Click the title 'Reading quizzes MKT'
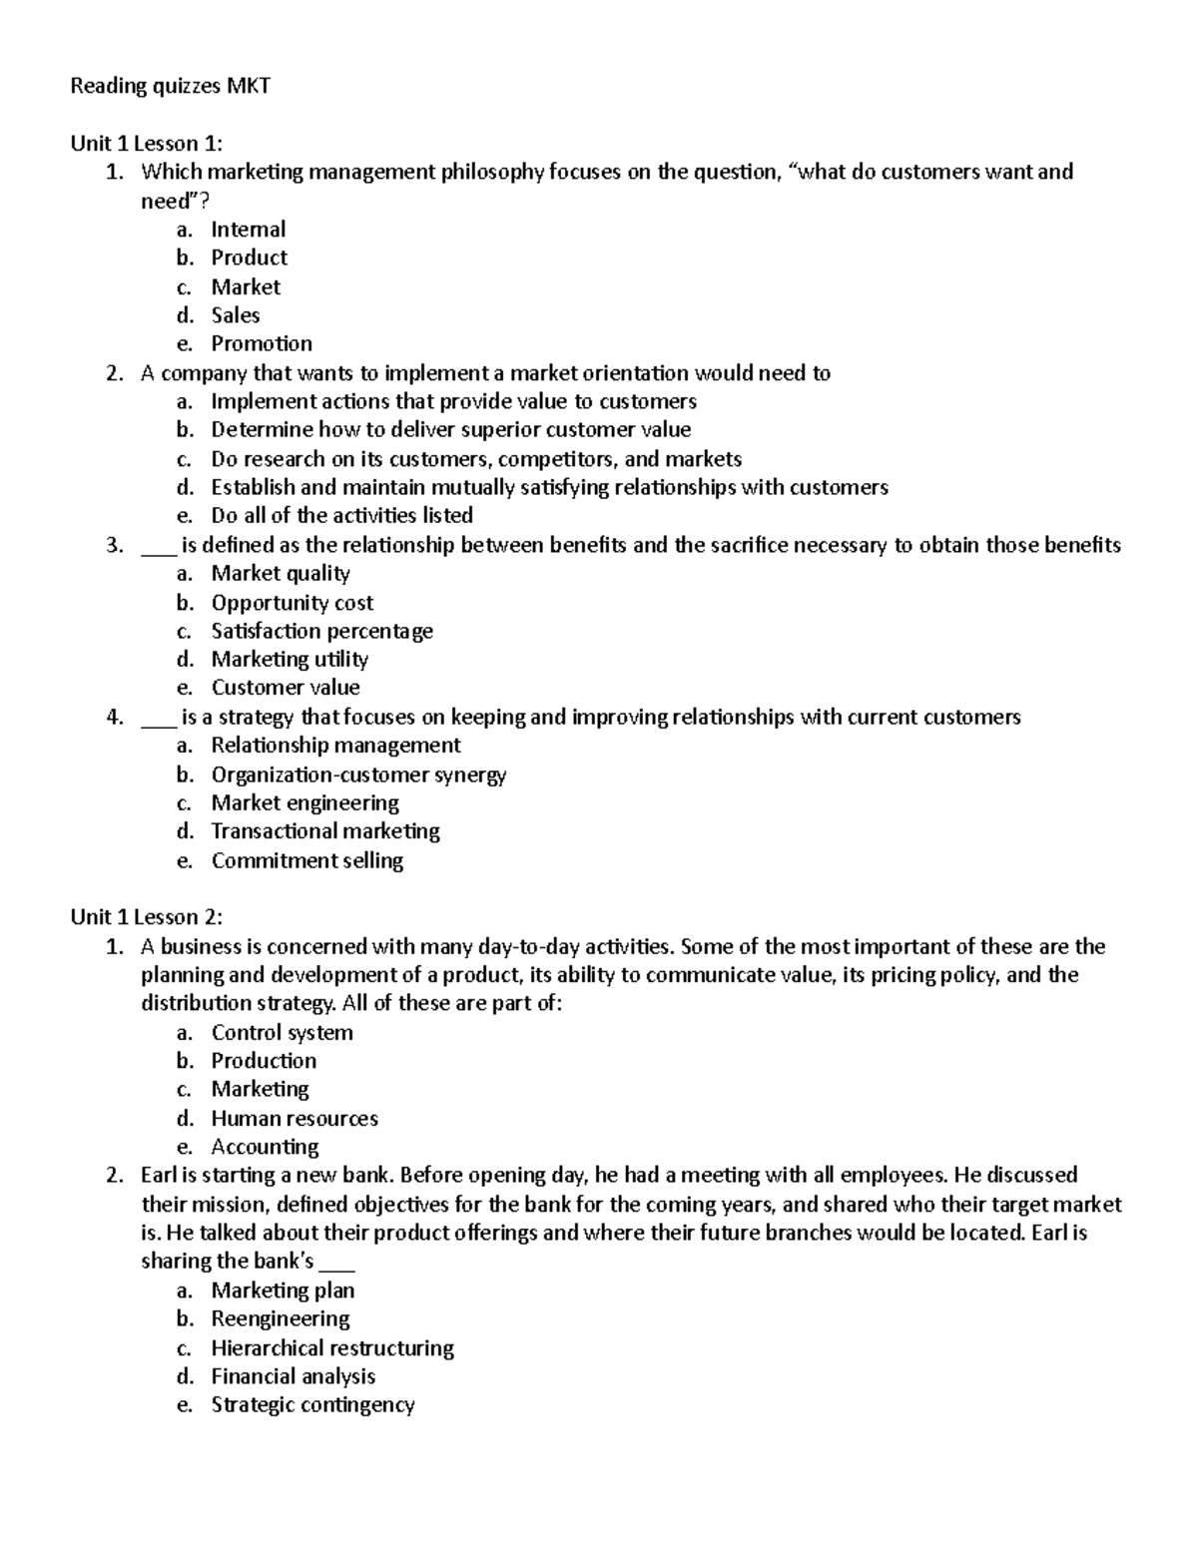170,86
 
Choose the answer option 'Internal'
248,230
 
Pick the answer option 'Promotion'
262,343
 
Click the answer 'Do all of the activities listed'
341,516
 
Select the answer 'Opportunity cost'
292,603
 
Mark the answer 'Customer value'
285,688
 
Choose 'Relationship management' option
335,746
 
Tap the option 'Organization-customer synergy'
358,775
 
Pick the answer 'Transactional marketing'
325,831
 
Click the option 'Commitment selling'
306,860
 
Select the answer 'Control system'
282,1033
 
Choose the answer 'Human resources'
295,1119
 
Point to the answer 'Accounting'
265,1147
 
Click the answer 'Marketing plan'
283,1291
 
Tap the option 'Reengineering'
280,1319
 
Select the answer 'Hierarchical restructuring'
332,1348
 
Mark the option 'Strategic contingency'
312,1405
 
